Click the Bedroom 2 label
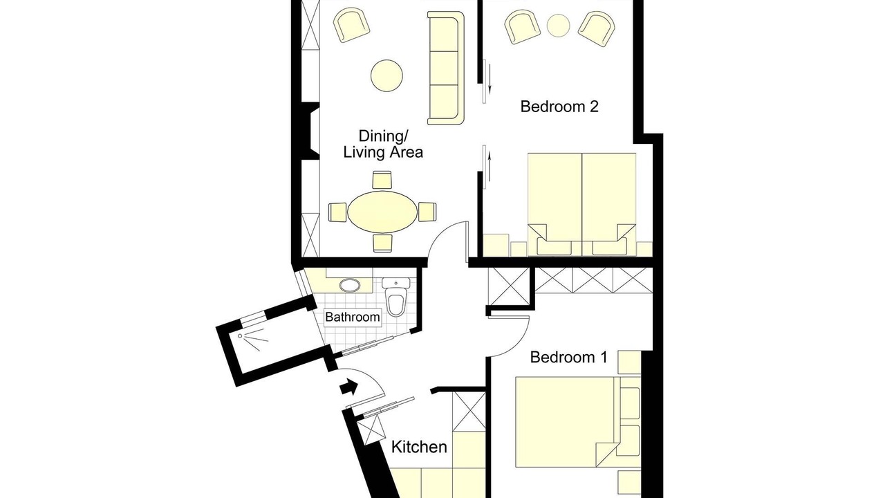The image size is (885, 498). (x=559, y=107)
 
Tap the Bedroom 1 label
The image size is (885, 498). (x=568, y=358)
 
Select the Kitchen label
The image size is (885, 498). (x=419, y=447)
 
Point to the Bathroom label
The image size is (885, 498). (x=353, y=317)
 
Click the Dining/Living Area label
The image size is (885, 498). (x=383, y=145)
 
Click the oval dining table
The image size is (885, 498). (x=382, y=212)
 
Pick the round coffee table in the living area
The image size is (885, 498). (x=386, y=75)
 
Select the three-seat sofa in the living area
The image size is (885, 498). (x=446, y=68)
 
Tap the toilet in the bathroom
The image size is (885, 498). (x=396, y=297)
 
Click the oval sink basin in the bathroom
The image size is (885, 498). (x=350, y=286)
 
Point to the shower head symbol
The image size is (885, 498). (x=240, y=336)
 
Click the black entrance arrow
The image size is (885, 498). (x=349, y=387)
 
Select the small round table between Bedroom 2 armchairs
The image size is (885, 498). (x=558, y=26)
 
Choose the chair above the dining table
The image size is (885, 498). (x=382, y=181)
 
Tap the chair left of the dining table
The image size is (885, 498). (x=338, y=212)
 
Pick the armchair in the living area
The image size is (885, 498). (x=351, y=26)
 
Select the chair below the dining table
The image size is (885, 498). (x=382, y=243)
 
